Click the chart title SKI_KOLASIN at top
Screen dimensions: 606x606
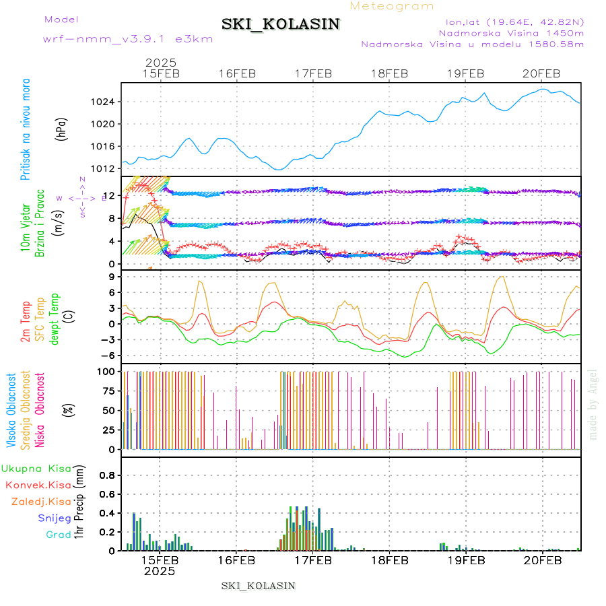pos(281,24)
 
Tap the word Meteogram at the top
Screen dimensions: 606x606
pos(393,6)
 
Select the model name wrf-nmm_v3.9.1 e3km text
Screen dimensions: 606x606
pos(128,38)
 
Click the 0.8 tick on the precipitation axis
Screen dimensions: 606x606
pos(108,475)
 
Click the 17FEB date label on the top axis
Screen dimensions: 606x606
pos(313,73)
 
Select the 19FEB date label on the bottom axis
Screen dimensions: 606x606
pos(465,560)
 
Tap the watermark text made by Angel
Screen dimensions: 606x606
pos(593,404)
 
